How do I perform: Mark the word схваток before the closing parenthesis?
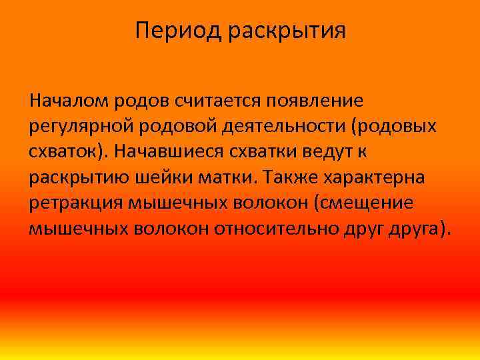click(x=64, y=152)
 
